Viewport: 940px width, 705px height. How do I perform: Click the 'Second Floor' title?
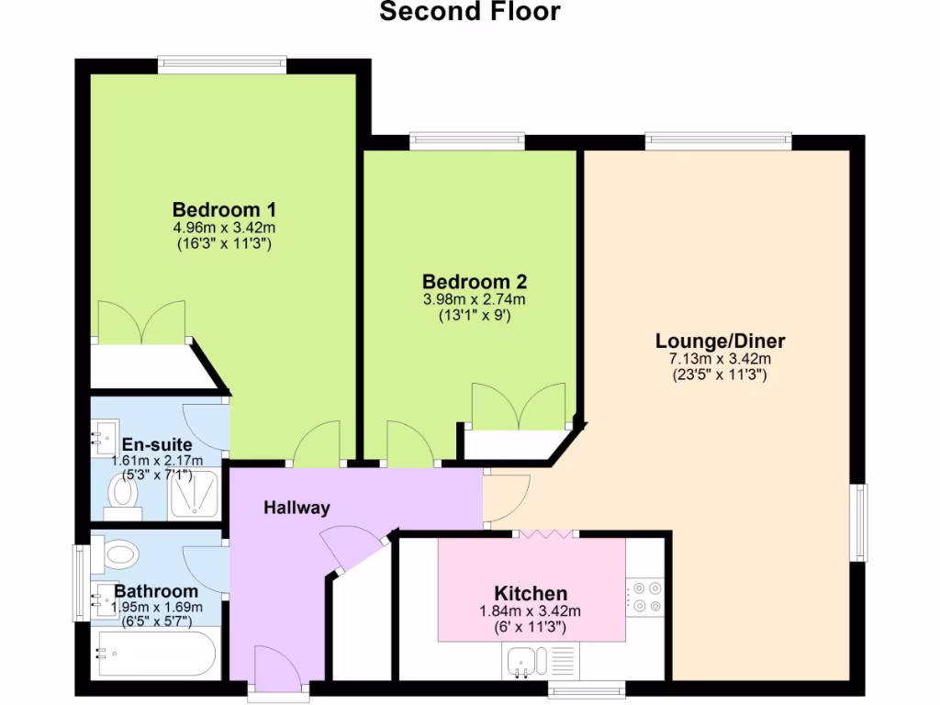(469, 12)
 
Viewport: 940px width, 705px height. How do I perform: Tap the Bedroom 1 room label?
(225, 207)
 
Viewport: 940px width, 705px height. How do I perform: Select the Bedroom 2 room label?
(474, 281)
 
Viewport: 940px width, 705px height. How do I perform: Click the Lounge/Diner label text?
(720, 341)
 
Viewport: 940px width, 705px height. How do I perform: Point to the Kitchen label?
(531, 593)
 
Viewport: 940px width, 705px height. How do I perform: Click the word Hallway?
(297, 508)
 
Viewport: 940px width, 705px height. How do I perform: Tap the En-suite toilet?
(122, 491)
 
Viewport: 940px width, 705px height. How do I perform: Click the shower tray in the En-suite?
(194, 496)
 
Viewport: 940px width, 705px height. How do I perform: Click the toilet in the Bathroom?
(120, 554)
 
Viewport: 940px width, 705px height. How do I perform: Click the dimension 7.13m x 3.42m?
(720, 359)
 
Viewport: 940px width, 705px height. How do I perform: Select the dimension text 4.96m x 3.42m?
(225, 227)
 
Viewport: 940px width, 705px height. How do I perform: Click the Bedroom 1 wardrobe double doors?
(141, 322)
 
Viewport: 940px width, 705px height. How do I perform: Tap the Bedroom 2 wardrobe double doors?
(518, 407)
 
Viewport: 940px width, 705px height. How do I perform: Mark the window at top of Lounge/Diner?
(718, 140)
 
